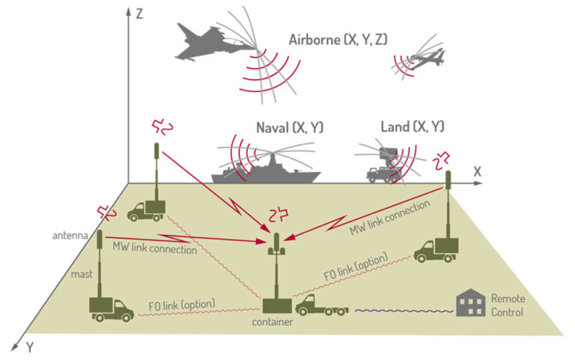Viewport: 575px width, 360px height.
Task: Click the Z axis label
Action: click(139, 15)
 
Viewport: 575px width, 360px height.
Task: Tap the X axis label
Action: click(476, 171)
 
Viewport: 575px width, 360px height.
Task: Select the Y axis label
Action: click(30, 347)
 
